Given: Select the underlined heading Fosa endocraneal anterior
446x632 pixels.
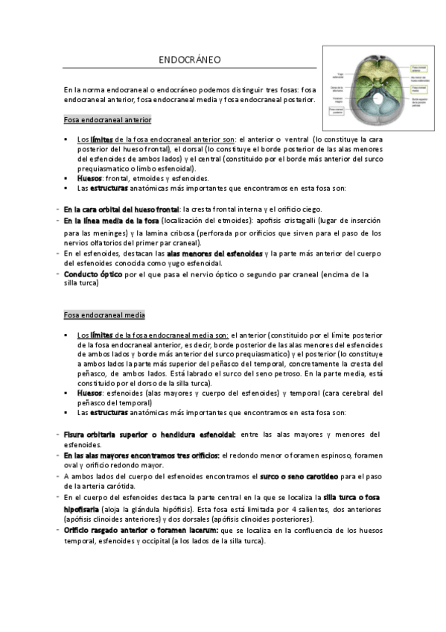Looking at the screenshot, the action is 107,119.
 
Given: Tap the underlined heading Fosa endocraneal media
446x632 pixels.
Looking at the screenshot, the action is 104,315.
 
